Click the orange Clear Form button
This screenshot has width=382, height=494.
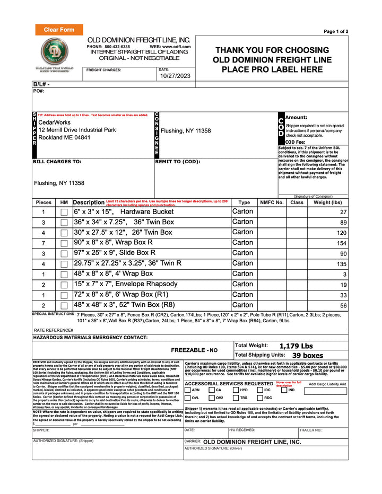coord(59,30)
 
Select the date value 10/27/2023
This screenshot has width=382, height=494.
coord(175,76)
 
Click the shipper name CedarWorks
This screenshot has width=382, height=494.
coord(54,122)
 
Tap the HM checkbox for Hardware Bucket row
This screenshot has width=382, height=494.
coord(64,212)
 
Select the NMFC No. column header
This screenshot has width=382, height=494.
coord(272,202)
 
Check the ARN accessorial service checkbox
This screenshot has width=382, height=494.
coord(188,390)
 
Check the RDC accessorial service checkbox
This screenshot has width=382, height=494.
coord(260,398)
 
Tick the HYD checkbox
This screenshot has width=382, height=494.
coord(236,390)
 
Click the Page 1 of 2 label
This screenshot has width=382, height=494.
coord(336,32)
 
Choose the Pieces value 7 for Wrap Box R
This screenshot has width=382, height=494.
coord(44,243)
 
